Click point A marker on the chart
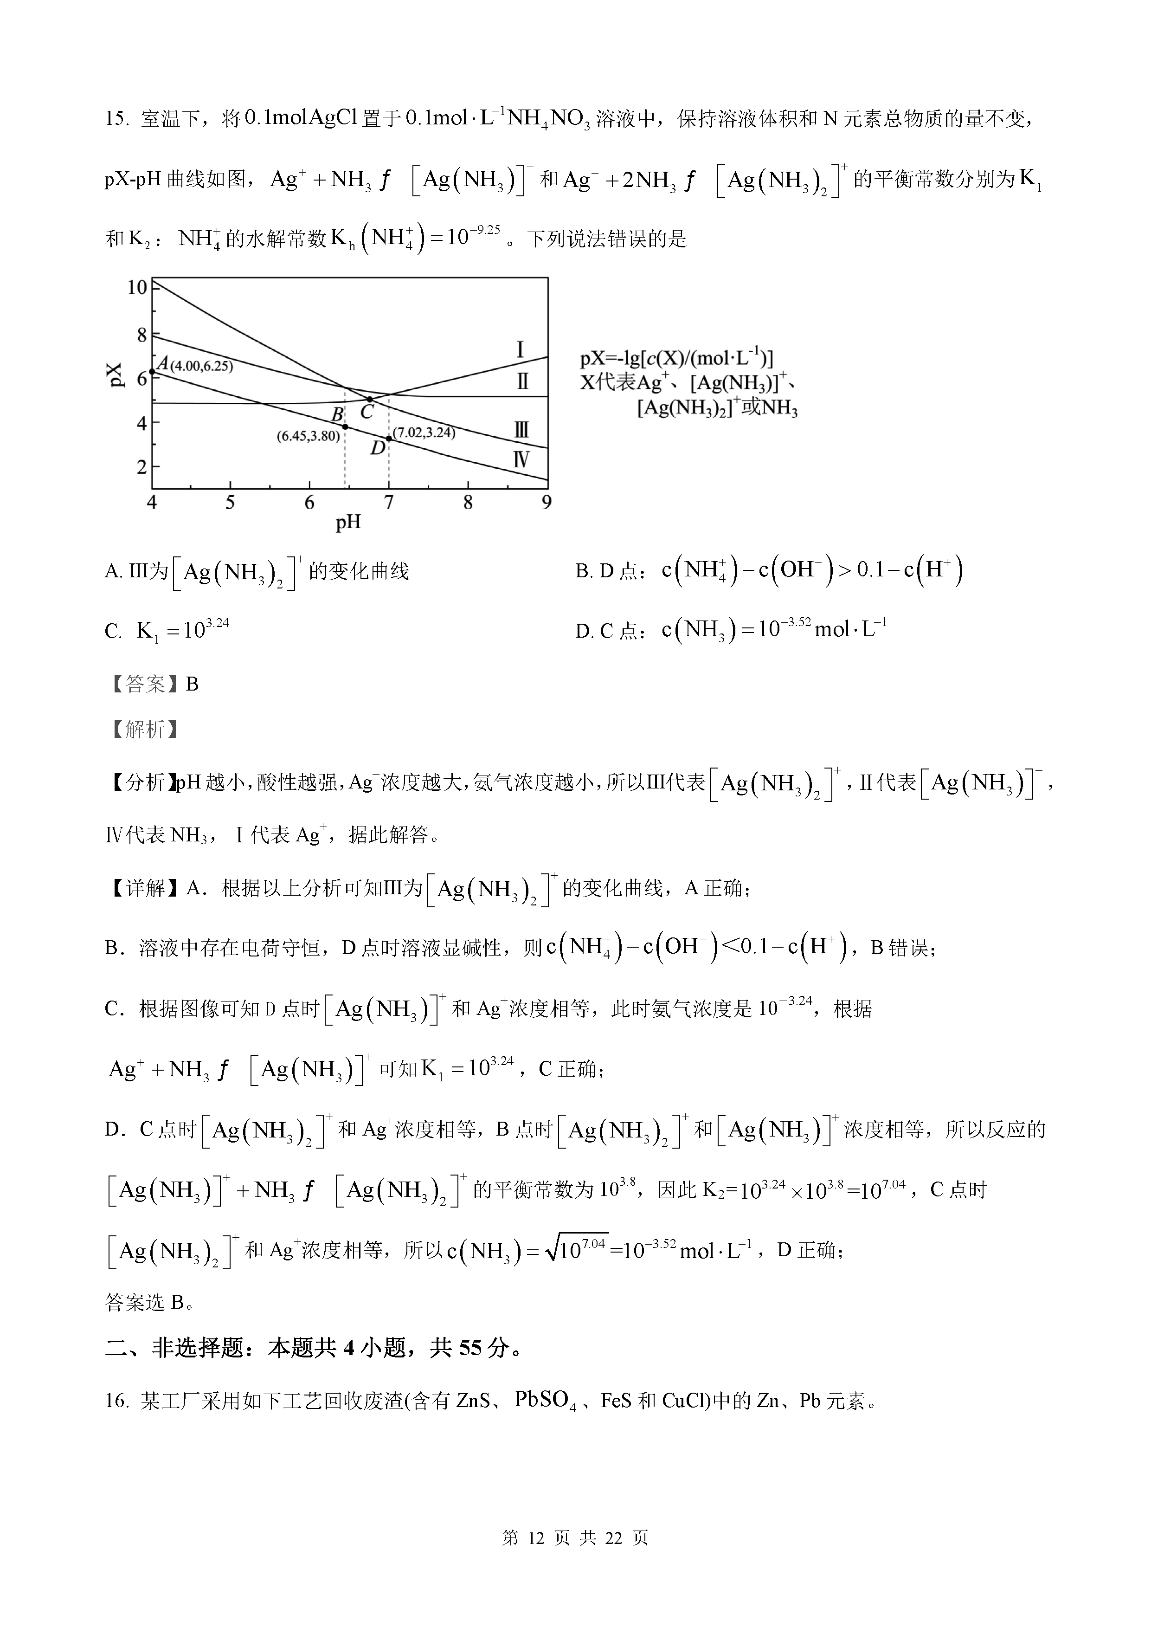152,371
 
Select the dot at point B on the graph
345,427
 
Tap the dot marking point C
369,399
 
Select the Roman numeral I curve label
520,349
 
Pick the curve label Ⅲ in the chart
521,430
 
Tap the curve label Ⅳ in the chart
521,460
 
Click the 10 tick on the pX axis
137,287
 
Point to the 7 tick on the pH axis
388,503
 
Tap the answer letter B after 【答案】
192,684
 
